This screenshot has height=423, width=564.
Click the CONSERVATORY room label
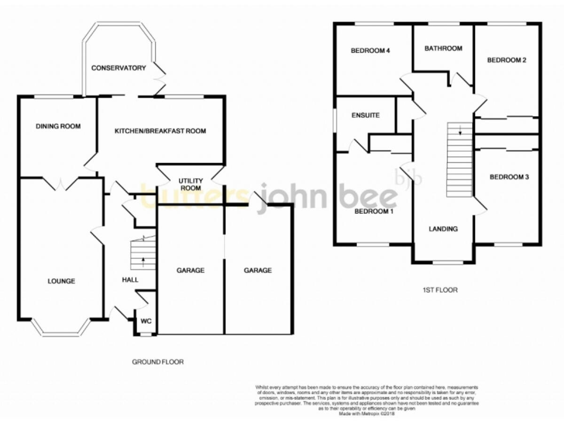click(x=118, y=68)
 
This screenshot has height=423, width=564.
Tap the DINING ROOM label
click(x=58, y=126)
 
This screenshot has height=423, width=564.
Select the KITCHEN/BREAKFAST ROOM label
click(x=160, y=131)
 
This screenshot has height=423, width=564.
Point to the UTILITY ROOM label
click(x=190, y=184)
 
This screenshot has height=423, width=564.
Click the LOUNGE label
click(x=61, y=282)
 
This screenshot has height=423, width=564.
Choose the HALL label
click(x=130, y=280)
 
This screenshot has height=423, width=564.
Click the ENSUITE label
click(x=366, y=115)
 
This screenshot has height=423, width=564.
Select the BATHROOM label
click(x=443, y=48)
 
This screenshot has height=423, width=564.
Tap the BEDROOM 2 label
click(x=506, y=60)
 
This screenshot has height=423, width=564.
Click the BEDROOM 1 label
click(x=374, y=211)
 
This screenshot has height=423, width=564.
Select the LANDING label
click(x=443, y=229)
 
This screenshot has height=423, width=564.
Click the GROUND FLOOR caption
click(x=157, y=362)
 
